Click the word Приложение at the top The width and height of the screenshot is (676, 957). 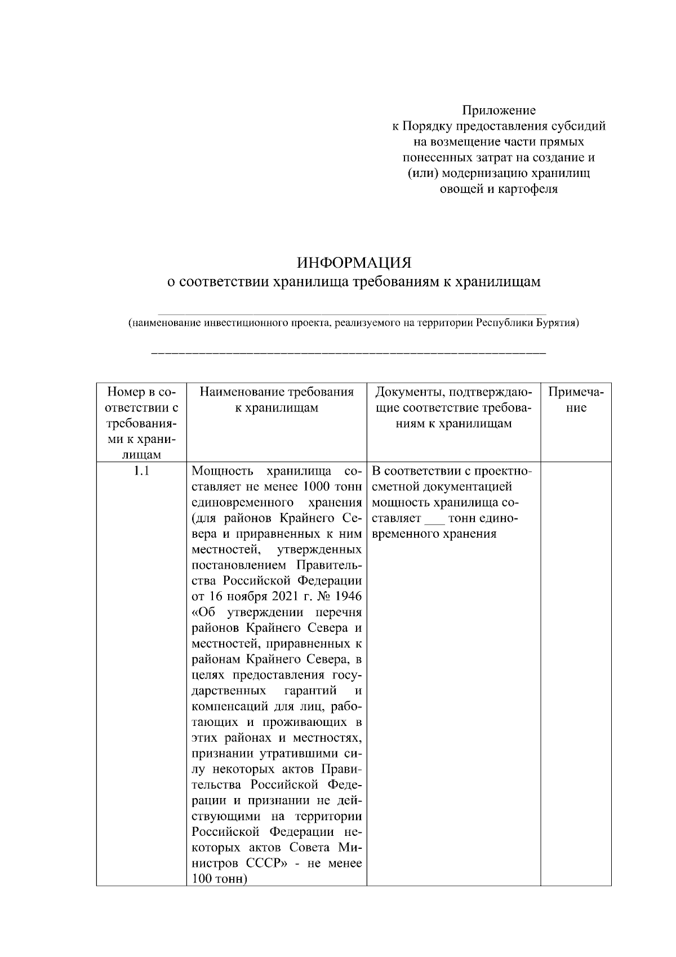tap(499, 110)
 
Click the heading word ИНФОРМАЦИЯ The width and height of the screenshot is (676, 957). tap(354, 263)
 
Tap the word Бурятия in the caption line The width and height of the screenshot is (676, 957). tap(555, 324)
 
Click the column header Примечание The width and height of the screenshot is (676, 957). tap(576, 400)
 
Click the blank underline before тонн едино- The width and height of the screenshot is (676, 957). tap(434, 519)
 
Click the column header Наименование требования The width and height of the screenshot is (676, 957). tap(277, 392)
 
